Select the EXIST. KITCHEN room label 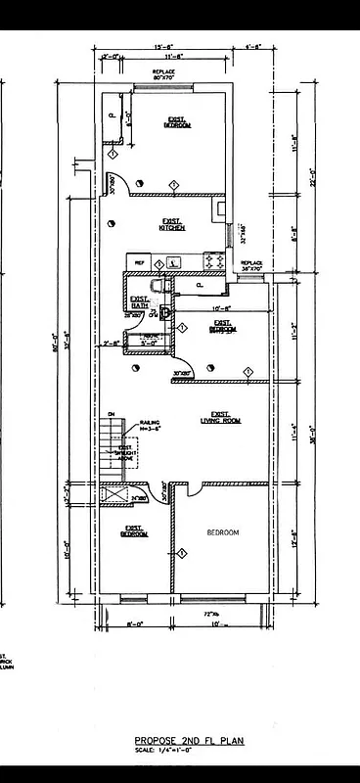172,226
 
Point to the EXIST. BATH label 140,303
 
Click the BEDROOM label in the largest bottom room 222,532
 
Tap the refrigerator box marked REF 139,263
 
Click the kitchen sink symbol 173,262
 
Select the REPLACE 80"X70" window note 163,75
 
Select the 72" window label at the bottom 208,614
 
